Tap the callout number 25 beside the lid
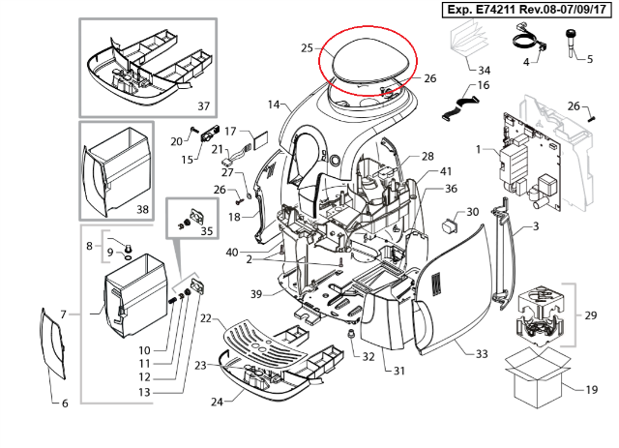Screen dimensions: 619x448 [x=307, y=48]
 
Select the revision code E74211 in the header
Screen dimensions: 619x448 [x=496, y=10]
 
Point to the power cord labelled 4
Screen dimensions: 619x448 [x=529, y=40]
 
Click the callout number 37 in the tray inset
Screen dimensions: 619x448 [x=203, y=105]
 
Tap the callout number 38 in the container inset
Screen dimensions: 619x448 [x=142, y=209]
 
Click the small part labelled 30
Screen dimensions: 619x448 [x=449, y=226]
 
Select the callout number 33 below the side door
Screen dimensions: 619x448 [x=482, y=353]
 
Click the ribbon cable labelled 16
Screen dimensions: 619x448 [x=459, y=106]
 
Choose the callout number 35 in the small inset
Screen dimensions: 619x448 [x=206, y=230]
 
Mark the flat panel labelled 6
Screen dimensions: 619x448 [x=52, y=343]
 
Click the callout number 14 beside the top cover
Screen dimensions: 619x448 [x=273, y=105]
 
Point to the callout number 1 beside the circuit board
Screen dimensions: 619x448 [x=478, y=149]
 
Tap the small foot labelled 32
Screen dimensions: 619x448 [x=350, y=336]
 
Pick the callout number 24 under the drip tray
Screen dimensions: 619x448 [x=217, y=402]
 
